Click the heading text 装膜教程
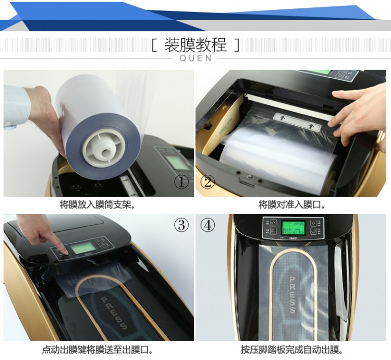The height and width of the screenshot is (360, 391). pos(195,45)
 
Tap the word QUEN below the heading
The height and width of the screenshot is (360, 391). pos(195,58)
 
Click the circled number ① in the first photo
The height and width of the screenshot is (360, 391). pos(181,182)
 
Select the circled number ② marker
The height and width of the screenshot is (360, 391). pos(208,182)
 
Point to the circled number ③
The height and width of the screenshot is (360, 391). pos(181,225)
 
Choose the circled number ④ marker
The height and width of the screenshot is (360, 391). pos(208,225)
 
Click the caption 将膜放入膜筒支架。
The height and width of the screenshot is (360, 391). pos(97,205)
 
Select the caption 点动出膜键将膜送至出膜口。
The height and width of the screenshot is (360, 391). pos(97,350)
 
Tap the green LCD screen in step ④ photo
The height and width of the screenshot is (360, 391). pos(292,228)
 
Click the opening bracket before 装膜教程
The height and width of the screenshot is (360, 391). pos(154,45)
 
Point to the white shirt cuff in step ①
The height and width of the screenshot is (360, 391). pos(16,107)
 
